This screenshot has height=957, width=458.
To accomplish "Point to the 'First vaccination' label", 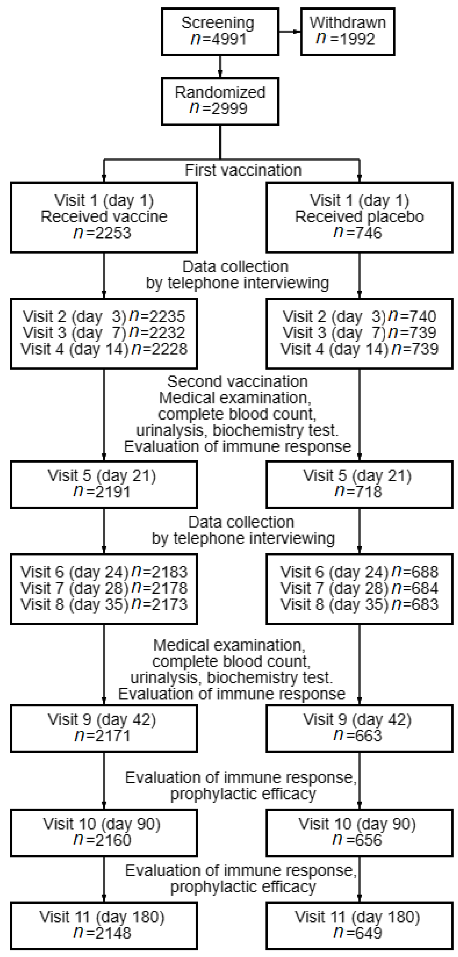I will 243,170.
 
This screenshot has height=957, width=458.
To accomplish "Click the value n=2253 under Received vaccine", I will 103,233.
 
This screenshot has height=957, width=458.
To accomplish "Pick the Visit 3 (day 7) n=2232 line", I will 104,333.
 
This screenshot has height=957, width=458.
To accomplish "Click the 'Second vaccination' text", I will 237,382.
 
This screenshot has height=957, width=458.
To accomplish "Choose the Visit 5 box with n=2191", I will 104,484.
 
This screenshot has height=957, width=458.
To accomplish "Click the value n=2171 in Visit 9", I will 103,736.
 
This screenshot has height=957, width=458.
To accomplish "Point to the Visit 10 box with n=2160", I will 104,832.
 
